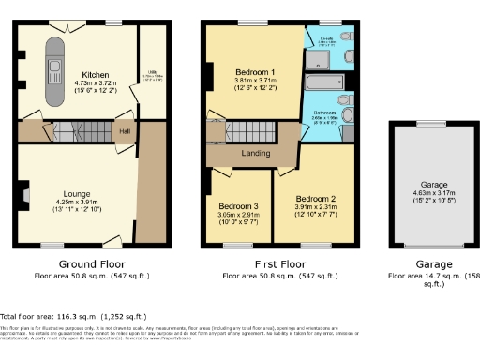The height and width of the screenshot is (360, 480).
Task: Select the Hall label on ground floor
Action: (124, 132)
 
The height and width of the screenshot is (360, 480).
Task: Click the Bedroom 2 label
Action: (315, 200)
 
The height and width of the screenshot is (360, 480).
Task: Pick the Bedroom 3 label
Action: (238, 206)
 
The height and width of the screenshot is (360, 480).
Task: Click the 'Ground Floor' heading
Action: (92, 264)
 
